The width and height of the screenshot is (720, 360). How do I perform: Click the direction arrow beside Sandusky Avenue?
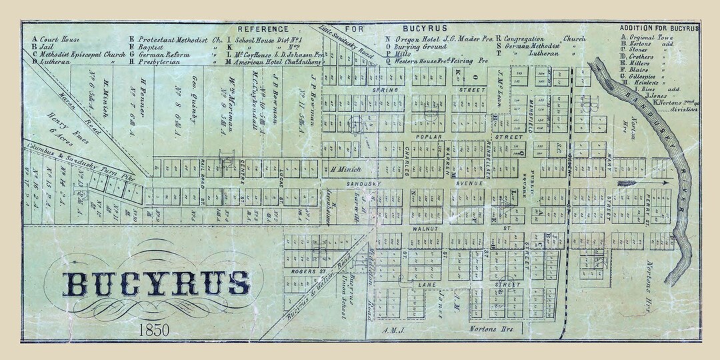[641, 181]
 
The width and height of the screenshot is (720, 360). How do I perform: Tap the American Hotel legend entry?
[267, 61]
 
